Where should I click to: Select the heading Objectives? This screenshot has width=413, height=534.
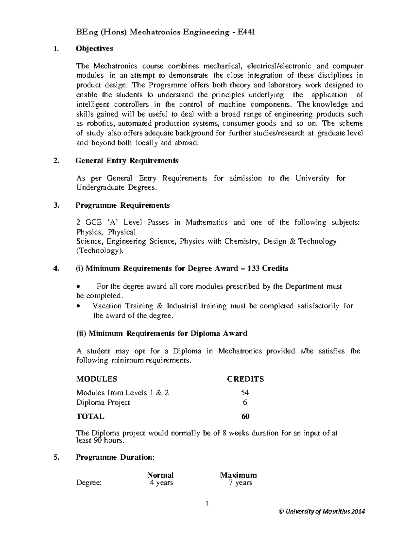tap(94, 48)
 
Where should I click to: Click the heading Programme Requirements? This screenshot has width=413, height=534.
tap(123, 205)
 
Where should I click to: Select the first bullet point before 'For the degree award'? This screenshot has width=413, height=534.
tap(79, 286)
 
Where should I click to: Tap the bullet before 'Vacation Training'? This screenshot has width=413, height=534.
tap(79, 306)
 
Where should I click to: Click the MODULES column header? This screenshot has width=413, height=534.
tap(96, 379)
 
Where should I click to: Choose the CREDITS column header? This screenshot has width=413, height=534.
tap(245, 379)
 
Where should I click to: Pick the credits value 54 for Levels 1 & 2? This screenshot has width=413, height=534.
tap(245, 393)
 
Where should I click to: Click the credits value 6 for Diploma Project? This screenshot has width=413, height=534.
tap(245, 402)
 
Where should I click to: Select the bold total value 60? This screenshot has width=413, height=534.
tap(245, 416)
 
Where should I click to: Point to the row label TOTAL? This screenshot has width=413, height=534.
tap(90, 416)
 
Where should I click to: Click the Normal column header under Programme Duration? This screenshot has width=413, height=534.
tap(160, 475)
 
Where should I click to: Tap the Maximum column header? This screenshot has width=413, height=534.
tap(239, 475)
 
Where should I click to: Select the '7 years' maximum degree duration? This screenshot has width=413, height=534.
tap(241, 483)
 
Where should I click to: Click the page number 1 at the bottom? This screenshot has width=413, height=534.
tap(207, 504)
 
